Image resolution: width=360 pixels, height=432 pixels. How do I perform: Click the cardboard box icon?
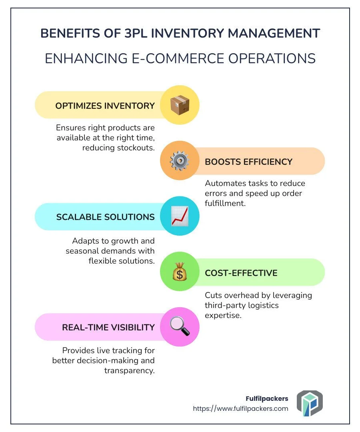[x=180, y=105]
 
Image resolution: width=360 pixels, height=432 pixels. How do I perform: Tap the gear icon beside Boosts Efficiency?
[x=180, y=161]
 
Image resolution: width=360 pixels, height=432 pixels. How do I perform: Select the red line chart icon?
[x=180, y=216]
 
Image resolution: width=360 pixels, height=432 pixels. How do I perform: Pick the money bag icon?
[x=180, y=273]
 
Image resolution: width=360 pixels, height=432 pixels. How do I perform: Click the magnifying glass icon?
[x=180, y=327]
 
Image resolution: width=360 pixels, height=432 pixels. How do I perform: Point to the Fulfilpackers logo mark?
[x=309, y=404]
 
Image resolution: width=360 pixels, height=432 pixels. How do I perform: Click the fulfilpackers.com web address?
[x=240, y=408]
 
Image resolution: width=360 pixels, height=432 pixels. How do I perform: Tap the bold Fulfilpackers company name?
[x=267, y=398]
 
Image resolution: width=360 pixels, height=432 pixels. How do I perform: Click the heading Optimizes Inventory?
[x=105, y=106]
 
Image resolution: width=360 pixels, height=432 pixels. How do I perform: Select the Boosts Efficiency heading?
[x=248, y=162]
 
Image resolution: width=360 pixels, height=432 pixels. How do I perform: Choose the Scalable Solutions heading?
[x=105, y=217]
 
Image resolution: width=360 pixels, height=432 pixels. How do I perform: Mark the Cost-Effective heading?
[x=241, y=273]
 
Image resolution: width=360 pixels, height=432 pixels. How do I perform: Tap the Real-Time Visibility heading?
[x=108, y=327]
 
